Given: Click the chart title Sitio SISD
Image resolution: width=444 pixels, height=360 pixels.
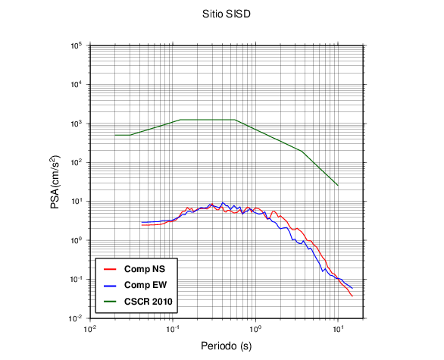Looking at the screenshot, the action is (x=227, y=14).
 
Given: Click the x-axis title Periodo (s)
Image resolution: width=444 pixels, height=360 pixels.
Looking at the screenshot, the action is (x=227, y=346).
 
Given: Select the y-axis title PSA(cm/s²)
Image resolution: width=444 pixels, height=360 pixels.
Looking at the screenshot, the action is (x=55, y=182).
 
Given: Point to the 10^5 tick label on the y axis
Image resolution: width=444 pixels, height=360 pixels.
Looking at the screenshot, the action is (x=77, y=45).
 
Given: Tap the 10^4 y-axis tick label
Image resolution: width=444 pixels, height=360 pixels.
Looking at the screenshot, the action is (x=77, y=85).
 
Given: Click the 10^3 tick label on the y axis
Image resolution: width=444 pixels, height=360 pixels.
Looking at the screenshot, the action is (x=77, y=124).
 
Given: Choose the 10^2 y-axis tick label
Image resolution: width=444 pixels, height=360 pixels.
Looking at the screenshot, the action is (x=77, y=163).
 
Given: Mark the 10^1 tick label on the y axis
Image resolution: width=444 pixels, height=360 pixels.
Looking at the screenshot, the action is (x=77, y=202).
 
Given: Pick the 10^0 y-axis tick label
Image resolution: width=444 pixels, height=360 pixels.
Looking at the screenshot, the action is (x=77, y=240).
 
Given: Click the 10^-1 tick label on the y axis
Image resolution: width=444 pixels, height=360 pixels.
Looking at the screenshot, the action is (x=76, y=280).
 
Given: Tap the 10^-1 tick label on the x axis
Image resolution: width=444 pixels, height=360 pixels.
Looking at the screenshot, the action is (x=173, y=329).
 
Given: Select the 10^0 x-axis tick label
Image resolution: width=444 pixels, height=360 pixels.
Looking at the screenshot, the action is (x=255, y=329).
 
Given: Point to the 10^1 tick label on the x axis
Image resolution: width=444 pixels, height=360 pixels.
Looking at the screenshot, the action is (x=338, y=329).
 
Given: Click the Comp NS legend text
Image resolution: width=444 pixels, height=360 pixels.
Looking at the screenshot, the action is (x=145, y=269).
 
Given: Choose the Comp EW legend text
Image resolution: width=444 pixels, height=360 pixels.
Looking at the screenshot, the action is (x=145, y=285).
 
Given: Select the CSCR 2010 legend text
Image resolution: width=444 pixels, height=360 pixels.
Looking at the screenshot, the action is (x=148, y=302).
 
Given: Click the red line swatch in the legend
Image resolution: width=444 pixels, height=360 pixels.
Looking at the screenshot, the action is (x=110, y=269).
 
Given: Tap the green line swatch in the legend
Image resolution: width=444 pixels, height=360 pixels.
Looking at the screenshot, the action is (x=110, y=302).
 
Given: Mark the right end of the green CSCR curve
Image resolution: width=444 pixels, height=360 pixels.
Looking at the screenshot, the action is (x=338, y=186).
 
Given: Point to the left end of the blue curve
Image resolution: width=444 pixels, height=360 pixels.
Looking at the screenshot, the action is (x=142, y=222).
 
